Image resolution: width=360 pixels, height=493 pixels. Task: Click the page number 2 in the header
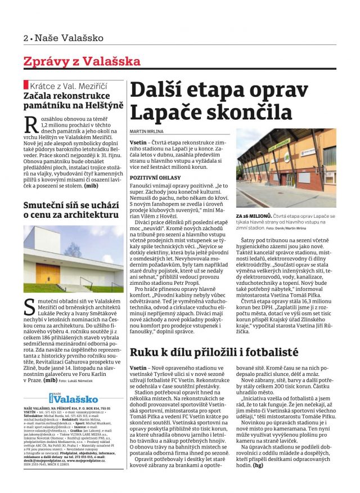click(x=26, y=38)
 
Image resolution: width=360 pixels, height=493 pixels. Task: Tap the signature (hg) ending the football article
click(x=259, y=465)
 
